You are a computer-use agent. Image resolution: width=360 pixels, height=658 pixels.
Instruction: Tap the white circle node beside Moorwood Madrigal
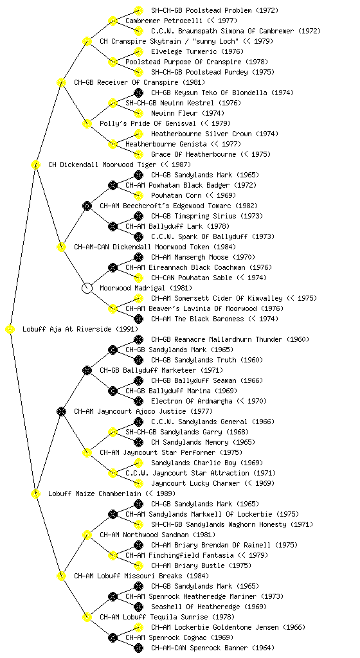[x=87, y=288]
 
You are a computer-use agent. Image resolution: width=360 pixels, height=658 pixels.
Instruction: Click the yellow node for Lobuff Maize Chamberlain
[x=35, y=493]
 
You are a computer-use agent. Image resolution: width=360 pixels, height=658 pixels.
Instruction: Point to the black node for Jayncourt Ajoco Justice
[x=61, y=411]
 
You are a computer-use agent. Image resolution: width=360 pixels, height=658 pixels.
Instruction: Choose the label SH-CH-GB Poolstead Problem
[x=201, y=10]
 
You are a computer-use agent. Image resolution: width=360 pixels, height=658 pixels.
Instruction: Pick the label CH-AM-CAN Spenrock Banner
[x=199, y=648]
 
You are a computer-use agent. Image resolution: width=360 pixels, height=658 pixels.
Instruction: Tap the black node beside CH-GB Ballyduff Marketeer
[x=87, y=370]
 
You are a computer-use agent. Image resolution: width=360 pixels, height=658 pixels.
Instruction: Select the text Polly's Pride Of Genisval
[x=148, y=123]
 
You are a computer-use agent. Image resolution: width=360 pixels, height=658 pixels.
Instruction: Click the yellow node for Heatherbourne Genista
[x=113, y=144]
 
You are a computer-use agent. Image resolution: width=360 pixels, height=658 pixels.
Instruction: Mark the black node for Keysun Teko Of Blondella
[x=138, y=93]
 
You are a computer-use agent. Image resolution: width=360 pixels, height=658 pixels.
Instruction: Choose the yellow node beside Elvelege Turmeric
[x=138, y=51]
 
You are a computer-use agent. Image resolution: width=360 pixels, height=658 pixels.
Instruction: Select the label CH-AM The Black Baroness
[x=197, y=319]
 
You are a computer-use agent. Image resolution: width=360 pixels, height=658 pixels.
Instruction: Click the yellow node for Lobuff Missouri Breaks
[x=61, y=576]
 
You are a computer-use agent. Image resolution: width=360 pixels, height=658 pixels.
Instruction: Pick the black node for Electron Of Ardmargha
[x=138, y=401]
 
